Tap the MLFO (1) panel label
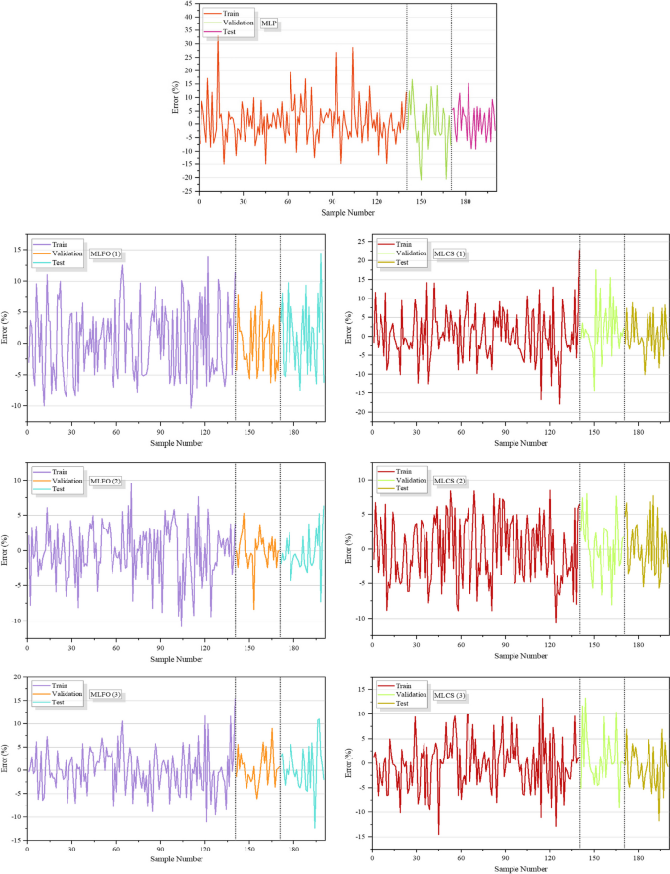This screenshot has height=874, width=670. point(105,253)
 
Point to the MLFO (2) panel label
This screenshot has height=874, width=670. point(105,480)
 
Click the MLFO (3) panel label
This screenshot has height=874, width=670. point(105,695)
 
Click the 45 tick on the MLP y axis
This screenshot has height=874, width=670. point(188,5)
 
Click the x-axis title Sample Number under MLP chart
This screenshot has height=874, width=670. point(347,212)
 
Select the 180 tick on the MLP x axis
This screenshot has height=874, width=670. point(466,200)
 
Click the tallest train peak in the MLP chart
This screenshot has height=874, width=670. point(218,37)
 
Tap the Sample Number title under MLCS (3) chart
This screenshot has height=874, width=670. point(519,867)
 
